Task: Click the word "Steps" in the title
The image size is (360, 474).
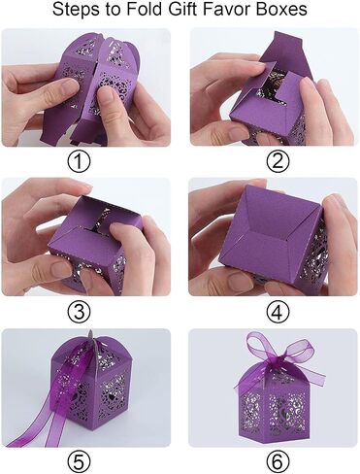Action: (x=74, y=10)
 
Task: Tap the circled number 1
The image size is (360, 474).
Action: (x=79, y=161)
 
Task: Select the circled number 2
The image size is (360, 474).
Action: (x=278, y=161)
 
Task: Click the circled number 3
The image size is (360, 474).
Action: (x=79, y=312)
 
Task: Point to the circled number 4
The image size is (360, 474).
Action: (x=278, y=312)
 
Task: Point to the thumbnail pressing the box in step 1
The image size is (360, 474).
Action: (x=106, y=94)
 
